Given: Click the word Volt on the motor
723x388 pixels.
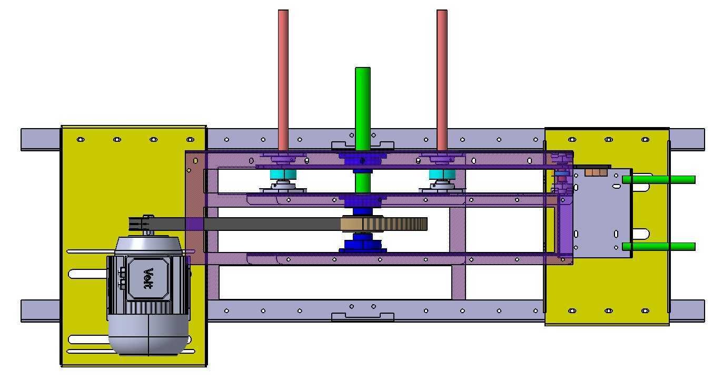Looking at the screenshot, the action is (148, 278).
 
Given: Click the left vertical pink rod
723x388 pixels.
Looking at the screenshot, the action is (283, 80).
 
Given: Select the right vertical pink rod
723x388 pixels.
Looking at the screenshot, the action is (442, 80).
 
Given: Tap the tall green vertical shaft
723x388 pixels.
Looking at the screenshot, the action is (363, 129).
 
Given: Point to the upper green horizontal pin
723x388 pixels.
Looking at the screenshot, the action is (658, 180).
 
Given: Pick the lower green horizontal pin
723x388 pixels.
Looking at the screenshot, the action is (658, 247).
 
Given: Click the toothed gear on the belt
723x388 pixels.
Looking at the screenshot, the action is (384, 224).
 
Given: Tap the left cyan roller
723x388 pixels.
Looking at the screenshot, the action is (283, 175).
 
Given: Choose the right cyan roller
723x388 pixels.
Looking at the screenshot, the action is (442, 175).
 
